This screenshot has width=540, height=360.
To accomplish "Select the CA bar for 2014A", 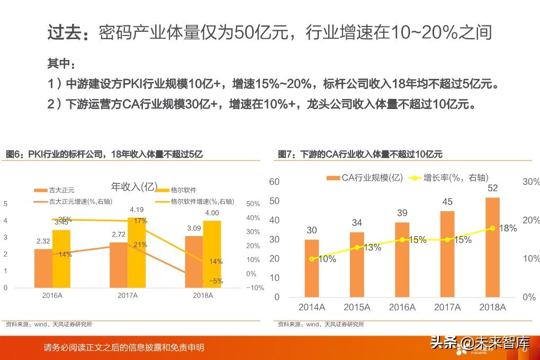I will [312, 268].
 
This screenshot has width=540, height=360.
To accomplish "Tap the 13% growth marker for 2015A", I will [357, 247].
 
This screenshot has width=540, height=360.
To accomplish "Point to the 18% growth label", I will [508, 228].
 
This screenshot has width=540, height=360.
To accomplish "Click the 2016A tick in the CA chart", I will [402, 307].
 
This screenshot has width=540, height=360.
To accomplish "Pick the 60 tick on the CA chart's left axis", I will [274, 182].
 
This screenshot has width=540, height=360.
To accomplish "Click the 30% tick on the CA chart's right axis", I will [530, 182].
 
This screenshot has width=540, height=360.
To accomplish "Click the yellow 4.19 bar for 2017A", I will [137, 253].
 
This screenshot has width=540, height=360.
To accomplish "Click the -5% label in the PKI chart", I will [215, 281].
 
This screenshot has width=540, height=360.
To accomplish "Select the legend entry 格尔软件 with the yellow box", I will [183, 190].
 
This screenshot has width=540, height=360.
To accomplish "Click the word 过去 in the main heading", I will [64, 33].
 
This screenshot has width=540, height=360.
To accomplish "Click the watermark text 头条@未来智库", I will [479, 343].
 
